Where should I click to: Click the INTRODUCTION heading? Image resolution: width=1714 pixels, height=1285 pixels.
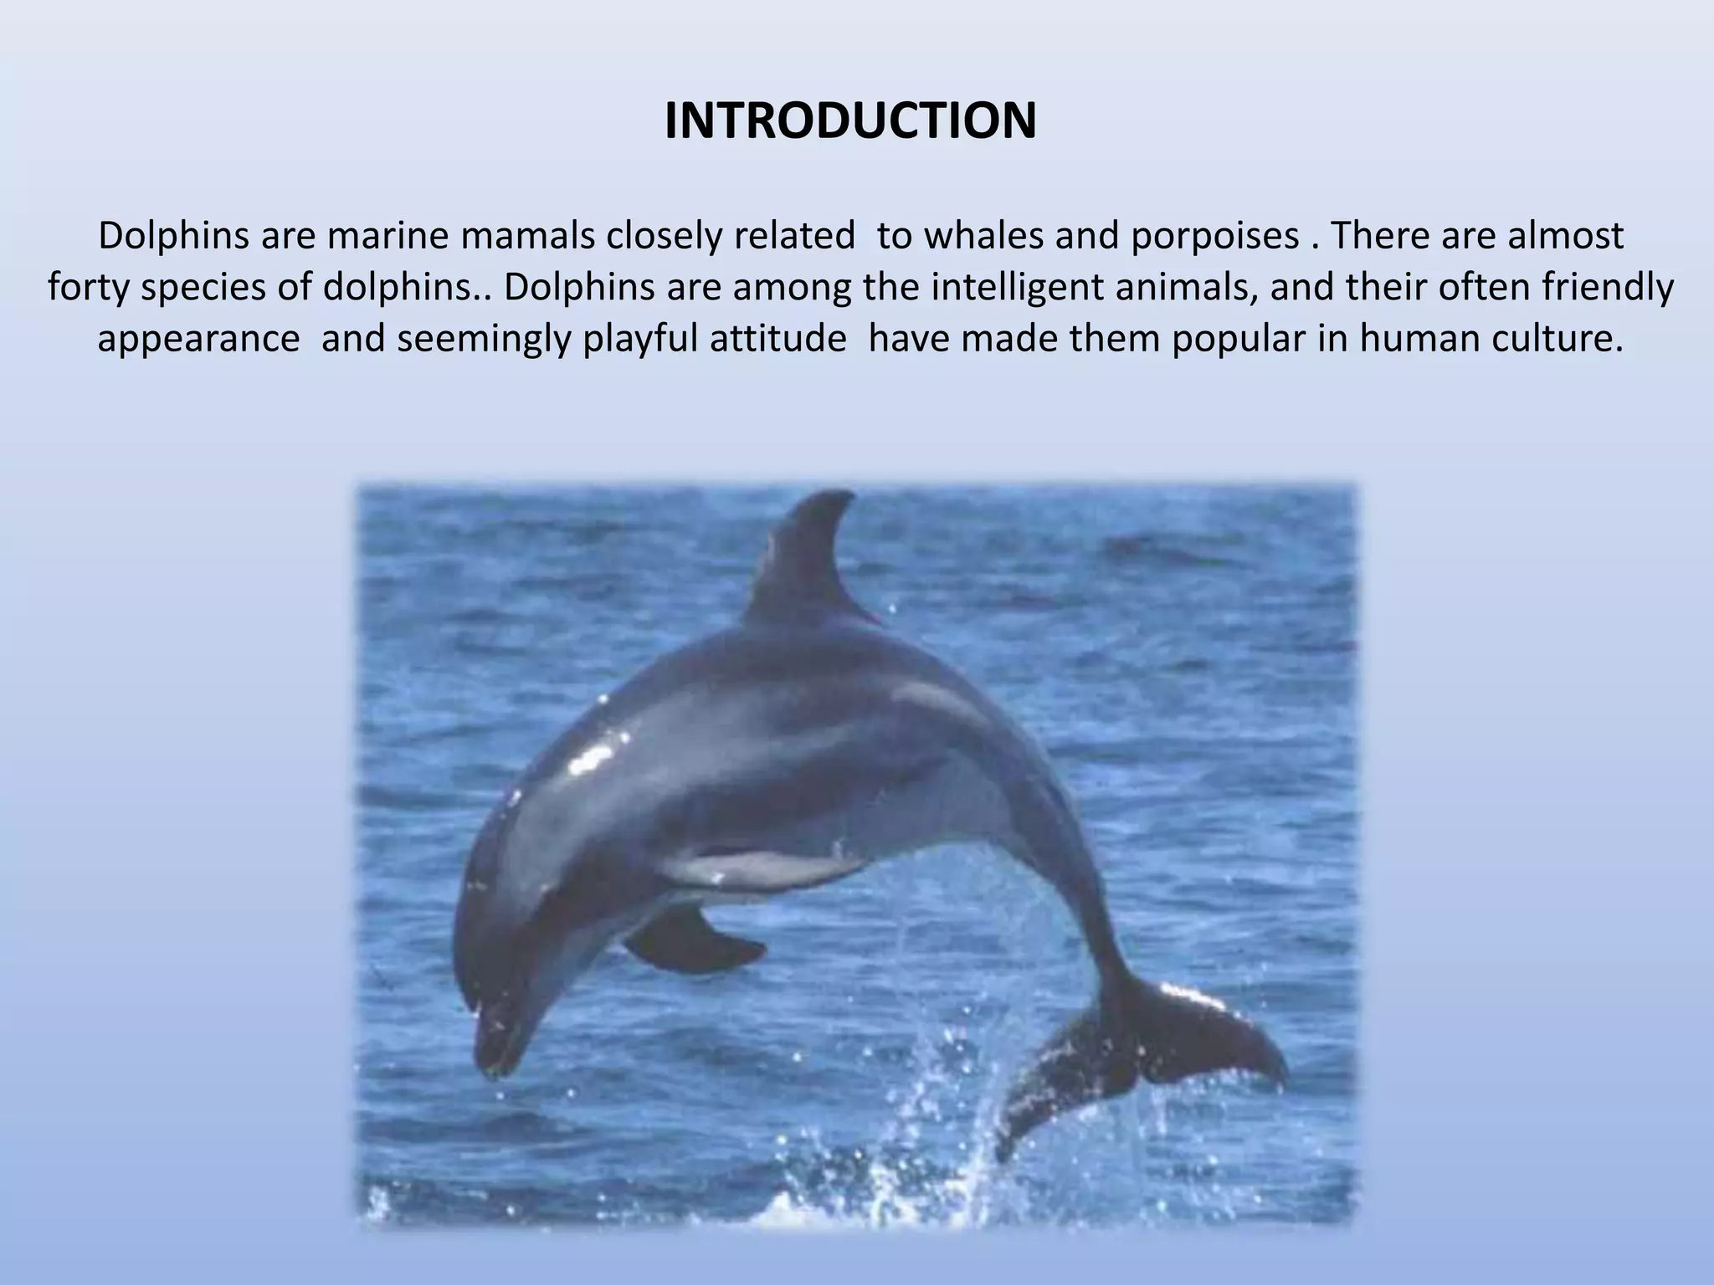(x=850, y=121)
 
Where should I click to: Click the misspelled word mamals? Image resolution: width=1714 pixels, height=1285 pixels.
(x=526, y=237)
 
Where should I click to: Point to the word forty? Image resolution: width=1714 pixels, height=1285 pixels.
(x=89, y=288)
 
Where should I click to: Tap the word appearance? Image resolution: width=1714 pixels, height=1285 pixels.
(x=198, y=339)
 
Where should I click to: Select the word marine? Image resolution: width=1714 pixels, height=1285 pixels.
(x=390, y=237)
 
